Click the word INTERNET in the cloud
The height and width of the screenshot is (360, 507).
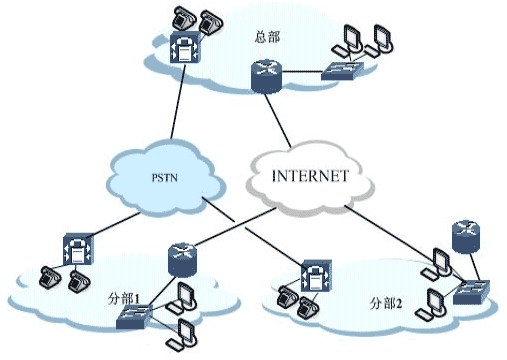click(310, 176)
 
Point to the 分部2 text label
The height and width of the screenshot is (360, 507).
click(384, 303)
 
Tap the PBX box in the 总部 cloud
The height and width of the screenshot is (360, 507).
click(185, 52)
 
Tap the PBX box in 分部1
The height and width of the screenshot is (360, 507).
click(76, 248)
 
